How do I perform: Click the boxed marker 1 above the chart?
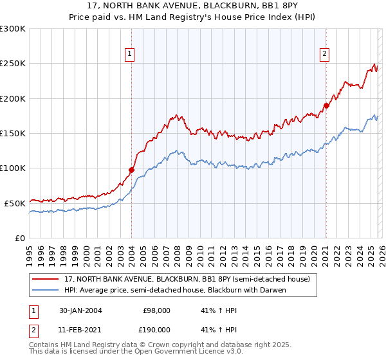pos(131,55)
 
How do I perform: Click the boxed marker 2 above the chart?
pos(325,55)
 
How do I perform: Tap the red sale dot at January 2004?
pos(131,170)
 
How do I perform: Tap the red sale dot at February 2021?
pos(326,105)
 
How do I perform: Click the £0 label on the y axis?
pos(19,238)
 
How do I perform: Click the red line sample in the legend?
pos(46,279)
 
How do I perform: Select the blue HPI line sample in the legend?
pos(46,290)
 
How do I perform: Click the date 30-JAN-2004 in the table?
pos(77,310)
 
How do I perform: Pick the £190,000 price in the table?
pos(155,329)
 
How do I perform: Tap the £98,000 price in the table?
pos(157,310)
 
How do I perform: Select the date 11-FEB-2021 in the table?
pos(77,329)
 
